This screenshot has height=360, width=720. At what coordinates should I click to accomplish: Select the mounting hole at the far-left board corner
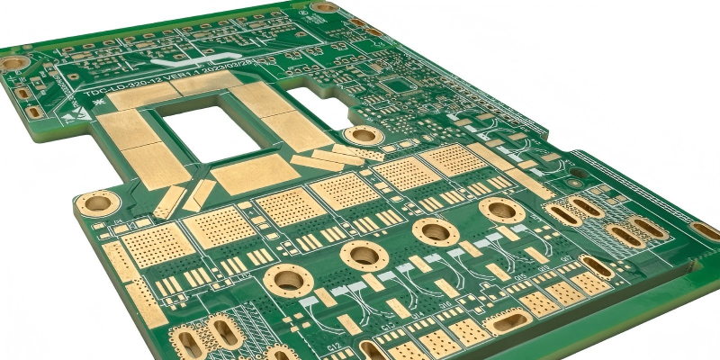13,63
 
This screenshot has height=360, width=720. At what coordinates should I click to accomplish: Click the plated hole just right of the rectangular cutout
364,135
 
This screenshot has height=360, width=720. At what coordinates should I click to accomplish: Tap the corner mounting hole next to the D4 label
96,202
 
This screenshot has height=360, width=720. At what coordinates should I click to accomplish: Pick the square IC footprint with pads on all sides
397,86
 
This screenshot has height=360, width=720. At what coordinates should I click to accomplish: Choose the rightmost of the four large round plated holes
496,210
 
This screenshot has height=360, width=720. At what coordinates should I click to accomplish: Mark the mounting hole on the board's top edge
324,7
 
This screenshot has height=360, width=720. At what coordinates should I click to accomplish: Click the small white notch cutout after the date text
319,93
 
